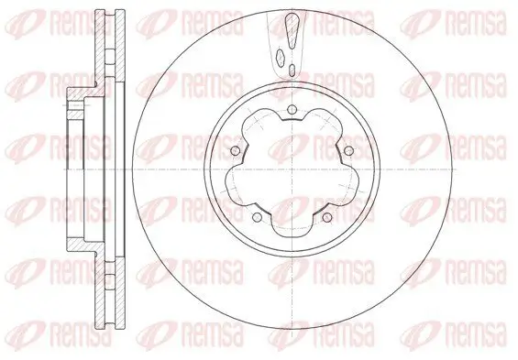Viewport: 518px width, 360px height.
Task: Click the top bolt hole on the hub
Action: click(291, 112)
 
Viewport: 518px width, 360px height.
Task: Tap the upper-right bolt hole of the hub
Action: click(349, 151)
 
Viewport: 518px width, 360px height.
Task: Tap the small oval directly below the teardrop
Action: click(291, 68)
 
